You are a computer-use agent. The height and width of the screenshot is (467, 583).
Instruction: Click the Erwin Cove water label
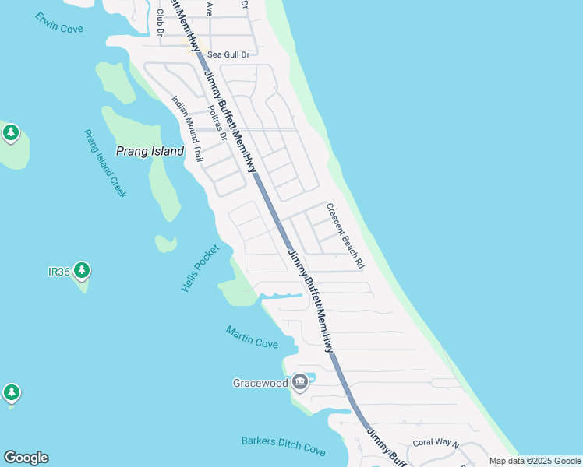59,23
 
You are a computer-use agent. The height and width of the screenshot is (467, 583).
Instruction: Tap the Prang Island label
150,151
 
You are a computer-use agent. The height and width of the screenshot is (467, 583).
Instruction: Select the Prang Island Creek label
104,163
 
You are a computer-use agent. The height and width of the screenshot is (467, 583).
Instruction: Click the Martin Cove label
252,336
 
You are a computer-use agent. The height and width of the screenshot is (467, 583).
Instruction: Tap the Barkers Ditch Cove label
283,444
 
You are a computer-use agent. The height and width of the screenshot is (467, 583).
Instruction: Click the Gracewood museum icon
301,382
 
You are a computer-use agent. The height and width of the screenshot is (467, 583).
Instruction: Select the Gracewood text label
260,383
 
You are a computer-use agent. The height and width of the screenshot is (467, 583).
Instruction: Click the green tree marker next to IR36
81,271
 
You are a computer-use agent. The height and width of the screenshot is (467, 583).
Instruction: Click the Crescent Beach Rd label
345,236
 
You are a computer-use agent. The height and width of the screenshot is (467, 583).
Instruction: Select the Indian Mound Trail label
187,128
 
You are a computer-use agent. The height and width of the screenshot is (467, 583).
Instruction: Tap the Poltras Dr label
216,123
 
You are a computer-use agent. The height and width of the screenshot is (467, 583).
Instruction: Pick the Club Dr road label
160,22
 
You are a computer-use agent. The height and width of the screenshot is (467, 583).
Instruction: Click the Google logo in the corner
26,458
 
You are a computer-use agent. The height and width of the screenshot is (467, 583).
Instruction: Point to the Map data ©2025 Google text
534,461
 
